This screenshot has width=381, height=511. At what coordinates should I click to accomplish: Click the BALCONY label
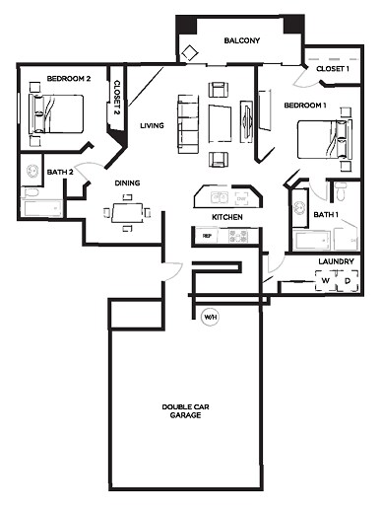click(x=241, y=40)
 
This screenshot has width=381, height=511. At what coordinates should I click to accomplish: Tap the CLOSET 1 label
click(x=332, y=68)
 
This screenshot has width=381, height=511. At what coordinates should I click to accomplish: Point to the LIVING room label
click(x=152, y=125)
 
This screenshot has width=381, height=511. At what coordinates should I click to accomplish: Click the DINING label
click(x=127, y=182)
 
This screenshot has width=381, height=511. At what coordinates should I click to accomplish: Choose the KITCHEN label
click(x=227, y=216)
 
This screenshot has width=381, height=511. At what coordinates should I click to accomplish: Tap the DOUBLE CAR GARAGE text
click(x=184, y=411)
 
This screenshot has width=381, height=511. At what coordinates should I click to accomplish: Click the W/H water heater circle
click(x=210, y=317)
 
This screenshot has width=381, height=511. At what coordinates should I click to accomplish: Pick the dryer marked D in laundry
click(x=346, y=281)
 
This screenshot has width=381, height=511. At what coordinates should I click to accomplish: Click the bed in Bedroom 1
click(x=322, y=138)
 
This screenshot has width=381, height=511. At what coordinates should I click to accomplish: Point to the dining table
click(x=126, y=211)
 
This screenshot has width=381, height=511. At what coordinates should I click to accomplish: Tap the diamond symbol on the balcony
click(x=189, y=52)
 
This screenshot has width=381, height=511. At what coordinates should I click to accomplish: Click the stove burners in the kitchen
click(x=238, y=236)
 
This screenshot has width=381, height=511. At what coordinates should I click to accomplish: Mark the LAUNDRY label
click(x=335, y=262)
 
